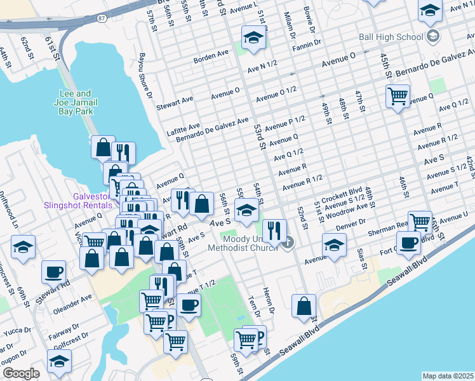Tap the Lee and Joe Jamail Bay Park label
76,102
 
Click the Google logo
21,373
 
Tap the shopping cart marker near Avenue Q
398,97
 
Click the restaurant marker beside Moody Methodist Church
274,231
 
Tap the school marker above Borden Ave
253,37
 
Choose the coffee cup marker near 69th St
53,271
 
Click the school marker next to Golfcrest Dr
59,361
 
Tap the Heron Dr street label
271,308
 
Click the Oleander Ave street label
72,297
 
